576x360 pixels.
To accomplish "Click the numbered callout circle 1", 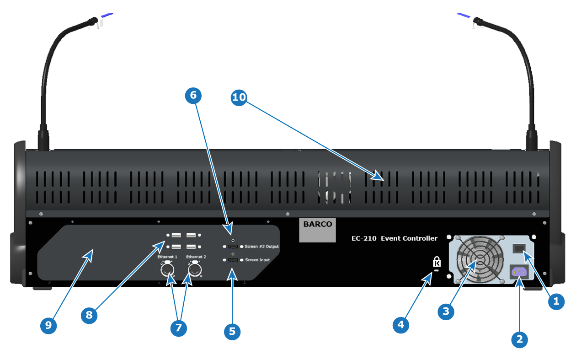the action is click(556, 301).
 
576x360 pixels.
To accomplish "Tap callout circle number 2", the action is click(519, 339).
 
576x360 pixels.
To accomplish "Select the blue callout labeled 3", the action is click(446, 312).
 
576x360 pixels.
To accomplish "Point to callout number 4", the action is click(400, 325).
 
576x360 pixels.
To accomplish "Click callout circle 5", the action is click(232, 332).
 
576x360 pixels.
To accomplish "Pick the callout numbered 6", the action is click(193, 96).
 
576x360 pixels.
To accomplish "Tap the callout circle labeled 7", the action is click(178, 328).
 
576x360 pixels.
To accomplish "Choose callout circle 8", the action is click(89, 315).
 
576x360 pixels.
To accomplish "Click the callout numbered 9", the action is click(48, 326).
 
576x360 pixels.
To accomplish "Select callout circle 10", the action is click(239, 97).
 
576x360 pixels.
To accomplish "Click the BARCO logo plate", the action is click(317, 230).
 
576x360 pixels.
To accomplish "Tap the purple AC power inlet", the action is click(519, 272).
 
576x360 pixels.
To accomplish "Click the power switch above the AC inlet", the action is click(519, 248).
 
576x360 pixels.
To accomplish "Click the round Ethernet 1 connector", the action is click(167, 269).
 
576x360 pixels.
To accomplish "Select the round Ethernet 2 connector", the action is click(195, 269).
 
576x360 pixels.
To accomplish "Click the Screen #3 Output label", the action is click(262, 247).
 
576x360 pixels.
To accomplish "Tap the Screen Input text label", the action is click(257, 260).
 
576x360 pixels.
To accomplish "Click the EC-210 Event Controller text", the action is click(394, 238).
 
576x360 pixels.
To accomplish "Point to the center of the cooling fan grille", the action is click(480, 259).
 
